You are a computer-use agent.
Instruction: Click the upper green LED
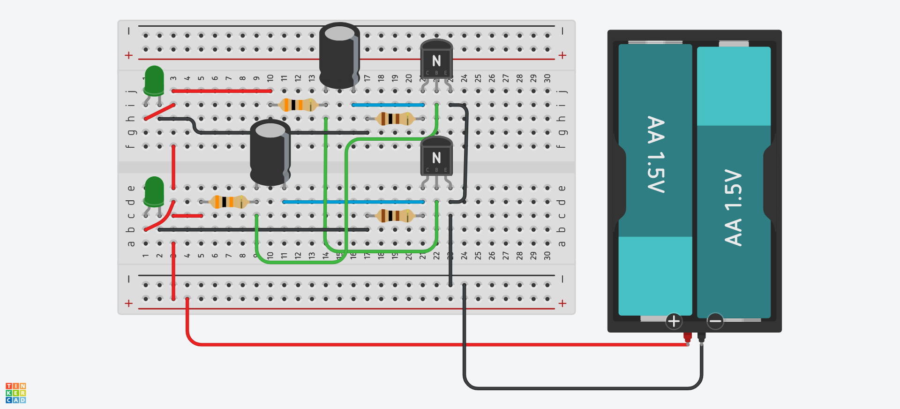click(154, 81)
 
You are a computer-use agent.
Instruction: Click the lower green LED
click(154, 191)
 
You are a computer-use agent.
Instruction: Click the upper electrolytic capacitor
click(339, 55)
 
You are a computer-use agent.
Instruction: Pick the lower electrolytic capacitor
click(270, 152)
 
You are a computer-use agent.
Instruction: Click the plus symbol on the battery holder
click(674, 321)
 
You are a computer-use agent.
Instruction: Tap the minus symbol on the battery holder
click(715, 321)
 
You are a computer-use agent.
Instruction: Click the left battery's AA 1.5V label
click(655, 154)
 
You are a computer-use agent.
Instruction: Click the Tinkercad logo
click(15, 393)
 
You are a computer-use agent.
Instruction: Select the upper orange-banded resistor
click(298, 105)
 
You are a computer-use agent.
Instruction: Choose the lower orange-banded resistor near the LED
click(229, 202)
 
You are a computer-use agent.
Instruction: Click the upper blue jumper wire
click(388, 105)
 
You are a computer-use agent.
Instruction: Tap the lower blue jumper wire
click(353, 202)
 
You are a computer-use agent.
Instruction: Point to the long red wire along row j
click(222, 91)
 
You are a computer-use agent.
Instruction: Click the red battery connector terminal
click(687, 336)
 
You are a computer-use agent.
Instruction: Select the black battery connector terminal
click(701, 336)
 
